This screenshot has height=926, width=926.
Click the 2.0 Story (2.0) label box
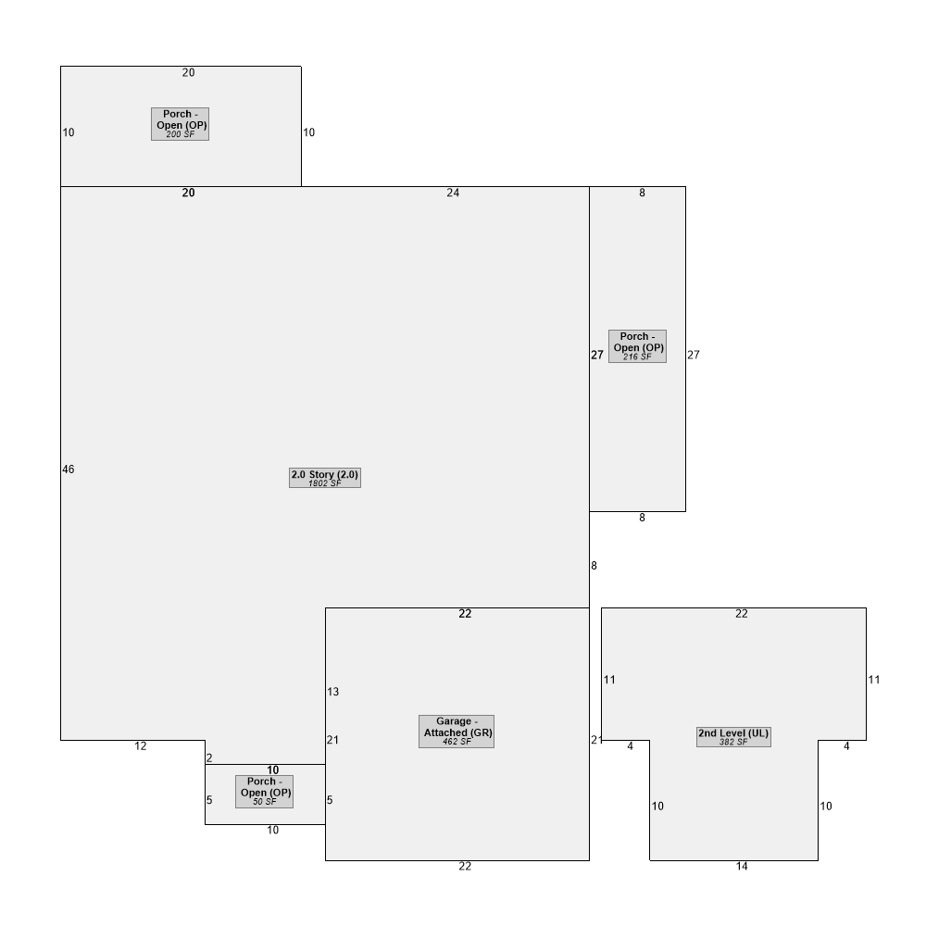coord(325,478)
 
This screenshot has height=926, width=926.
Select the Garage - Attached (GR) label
coord(457,732)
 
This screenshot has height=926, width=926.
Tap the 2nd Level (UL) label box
coord(733,736)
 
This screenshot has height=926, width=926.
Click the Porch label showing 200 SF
coord(181,124)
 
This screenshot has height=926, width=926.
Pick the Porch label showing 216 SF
coord(637,346)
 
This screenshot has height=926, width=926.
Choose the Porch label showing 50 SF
coord(264,792)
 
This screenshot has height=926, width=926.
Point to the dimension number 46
coord(69,469)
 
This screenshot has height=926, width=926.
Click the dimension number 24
coord(453,193)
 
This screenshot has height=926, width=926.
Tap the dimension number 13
coord(333,692)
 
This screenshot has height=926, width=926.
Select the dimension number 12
coord(141,745)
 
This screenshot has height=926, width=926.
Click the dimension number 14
coord(742,867)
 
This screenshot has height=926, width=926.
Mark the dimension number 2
coord(209,757)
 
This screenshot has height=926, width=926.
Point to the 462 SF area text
coord(457,742)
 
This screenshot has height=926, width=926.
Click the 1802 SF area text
coord(325,483)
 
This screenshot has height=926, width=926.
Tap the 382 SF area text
coord(733,743)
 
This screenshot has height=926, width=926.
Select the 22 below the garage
coord(465,867)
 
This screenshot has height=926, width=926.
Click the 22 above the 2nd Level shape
coord(742,614)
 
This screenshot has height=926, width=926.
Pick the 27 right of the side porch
coord(694,355)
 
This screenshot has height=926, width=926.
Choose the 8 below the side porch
coord(642,518)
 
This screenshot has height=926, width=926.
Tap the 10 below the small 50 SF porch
coord(273,830)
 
